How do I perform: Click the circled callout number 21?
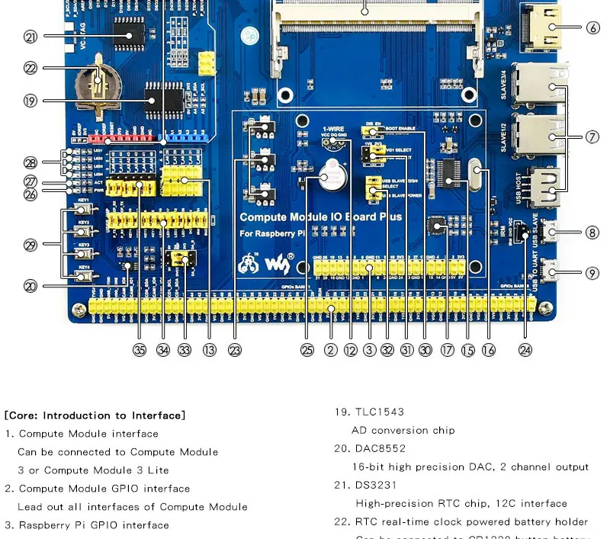[x=30, y=36]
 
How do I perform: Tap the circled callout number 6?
[x=593, y=28]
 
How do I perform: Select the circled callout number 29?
[x=30, y=245]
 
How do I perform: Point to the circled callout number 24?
[x=525, y=350]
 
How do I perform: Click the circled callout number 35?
[x=139, y=350]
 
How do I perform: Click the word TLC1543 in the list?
[x=374, y=412]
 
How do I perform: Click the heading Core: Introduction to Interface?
[x=95, y=415]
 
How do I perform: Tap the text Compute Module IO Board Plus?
[x=320, y=217]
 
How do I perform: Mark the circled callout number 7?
[x=593, y=137]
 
